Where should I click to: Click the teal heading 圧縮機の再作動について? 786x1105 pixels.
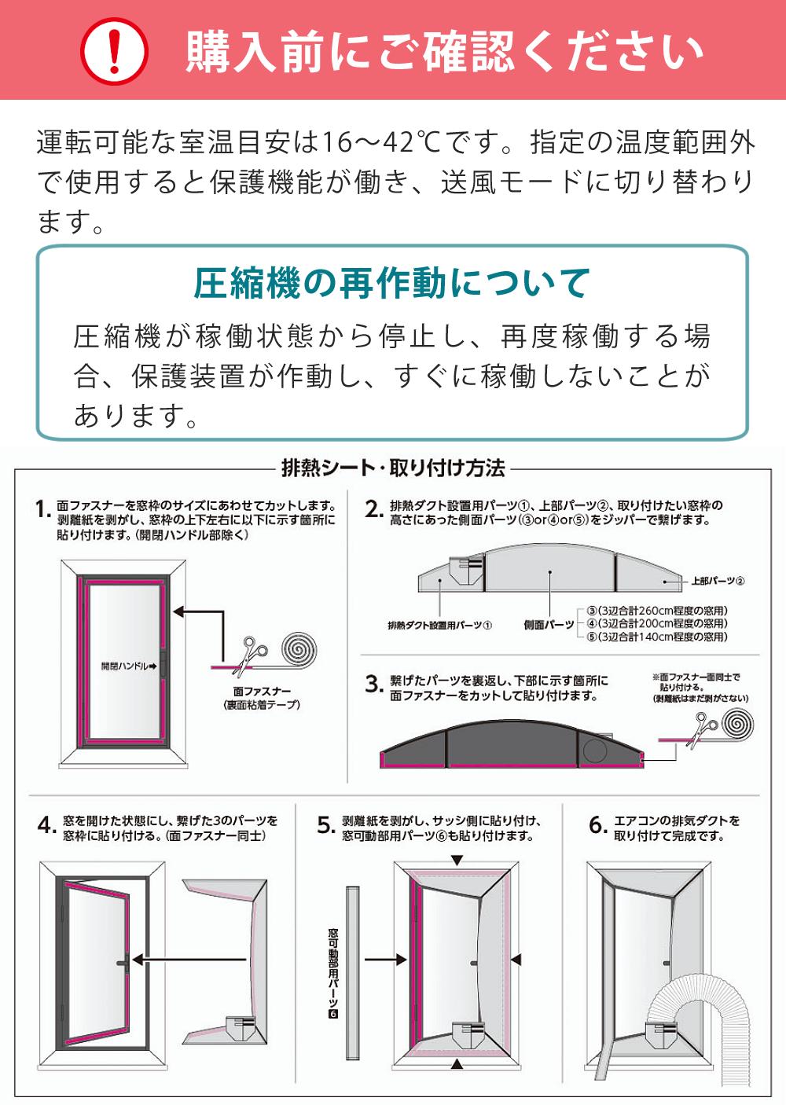tap(392, 283)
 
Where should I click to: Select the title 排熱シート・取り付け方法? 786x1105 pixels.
tap(393, 468)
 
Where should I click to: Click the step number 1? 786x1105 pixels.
tap(43, 509)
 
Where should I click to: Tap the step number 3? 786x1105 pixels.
tap(374, 685)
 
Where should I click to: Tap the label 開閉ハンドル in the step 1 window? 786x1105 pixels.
tap(125, 666)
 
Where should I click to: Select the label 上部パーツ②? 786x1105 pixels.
tap(718, 581)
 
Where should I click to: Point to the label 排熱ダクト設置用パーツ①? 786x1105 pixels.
tap(439, 625)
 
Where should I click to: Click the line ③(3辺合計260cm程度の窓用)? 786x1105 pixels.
tap(657, 611)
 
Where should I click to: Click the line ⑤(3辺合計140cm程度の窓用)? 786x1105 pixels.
tap(657, 637)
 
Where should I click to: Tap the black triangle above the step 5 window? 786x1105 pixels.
tap(457, 861)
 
